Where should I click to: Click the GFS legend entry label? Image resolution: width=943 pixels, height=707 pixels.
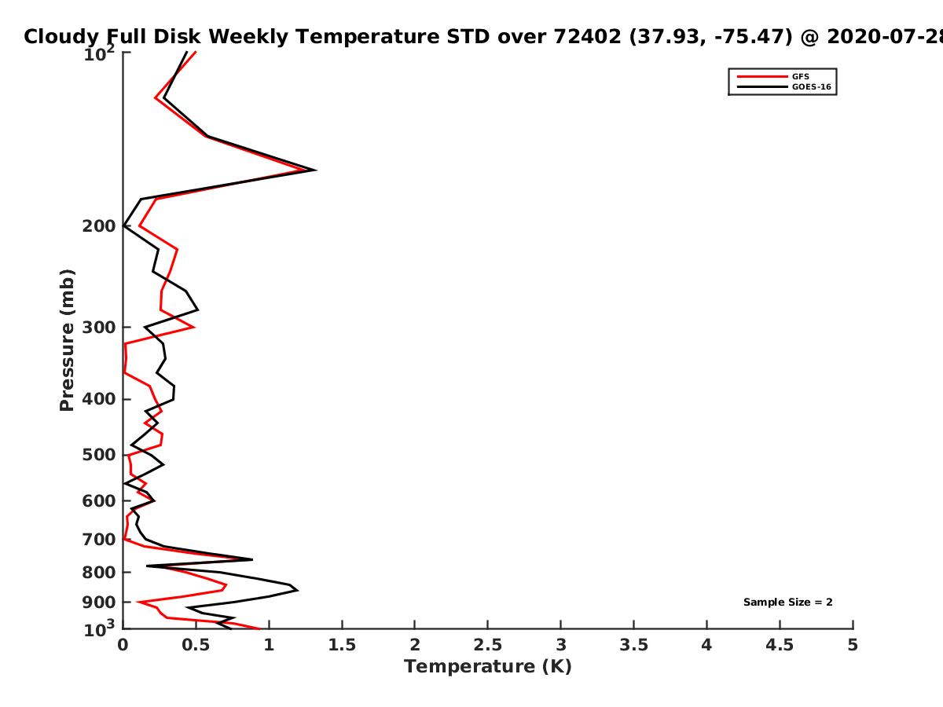pyautogui.click(x=800, y=76)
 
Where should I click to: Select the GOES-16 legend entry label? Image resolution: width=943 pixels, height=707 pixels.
pyautogui.click(x=811, y=86)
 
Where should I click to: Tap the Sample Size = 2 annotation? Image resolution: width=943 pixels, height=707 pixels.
pyautogui.click(x=787, y=603)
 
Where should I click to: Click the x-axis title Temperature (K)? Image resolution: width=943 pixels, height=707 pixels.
pyautogui.click(x=488, y=667)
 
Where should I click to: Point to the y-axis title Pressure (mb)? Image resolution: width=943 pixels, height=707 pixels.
pyautogui.click(x=67, y=340)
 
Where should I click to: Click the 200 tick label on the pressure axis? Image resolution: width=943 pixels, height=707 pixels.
pyautogui.click(x=99, y=226)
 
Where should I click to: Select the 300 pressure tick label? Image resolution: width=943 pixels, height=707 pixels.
pyautogui.click(x=99, y=328)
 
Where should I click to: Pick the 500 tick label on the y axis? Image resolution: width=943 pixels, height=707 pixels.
pyautogui.click(x=99, y=455)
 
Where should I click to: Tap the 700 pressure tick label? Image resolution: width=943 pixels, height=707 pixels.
pyautogui.click(x=99, y=540)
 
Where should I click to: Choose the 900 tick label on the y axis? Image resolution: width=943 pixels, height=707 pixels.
pyautogui.click(x=99, y=603)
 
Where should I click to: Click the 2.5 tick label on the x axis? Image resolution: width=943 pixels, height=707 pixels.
pyautogui.click(x=488, y=645)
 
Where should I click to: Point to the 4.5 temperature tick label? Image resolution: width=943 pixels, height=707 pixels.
pyautogui.click(x=780, y=645)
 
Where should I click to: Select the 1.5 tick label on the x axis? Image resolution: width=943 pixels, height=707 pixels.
pyautogui.click(x=342, y=645)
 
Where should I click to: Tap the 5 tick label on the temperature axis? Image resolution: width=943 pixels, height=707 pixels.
pyautogui.click(x=853, y=645)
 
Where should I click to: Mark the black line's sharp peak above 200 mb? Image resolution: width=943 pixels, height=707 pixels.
pyautogui.click(x=316, y=170)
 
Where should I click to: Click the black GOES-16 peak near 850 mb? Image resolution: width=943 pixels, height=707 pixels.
pyautogui.click(x=297, y=590)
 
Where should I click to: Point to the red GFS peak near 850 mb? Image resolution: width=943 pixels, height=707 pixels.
pyautogui.click(x=226, y=585)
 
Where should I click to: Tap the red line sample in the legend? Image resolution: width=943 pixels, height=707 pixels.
pyautogui.click(x=762, y=76)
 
